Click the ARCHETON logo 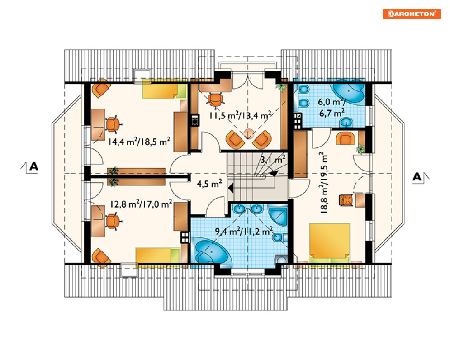[412, 14]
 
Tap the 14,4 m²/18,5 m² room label [139, 142]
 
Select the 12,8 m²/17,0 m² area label [141, 204]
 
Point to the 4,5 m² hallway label [209, 184]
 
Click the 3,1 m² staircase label [273, 159]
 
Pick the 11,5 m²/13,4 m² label [240, 115]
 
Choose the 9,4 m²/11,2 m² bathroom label [244, 231]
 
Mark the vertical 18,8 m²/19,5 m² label [323, 182]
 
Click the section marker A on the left [33, 166]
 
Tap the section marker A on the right [417, 176]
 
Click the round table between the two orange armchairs [249, 133]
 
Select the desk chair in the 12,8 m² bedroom [113, 221]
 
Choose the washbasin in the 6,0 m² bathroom [347, 122]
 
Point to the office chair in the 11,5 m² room [215, 99]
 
